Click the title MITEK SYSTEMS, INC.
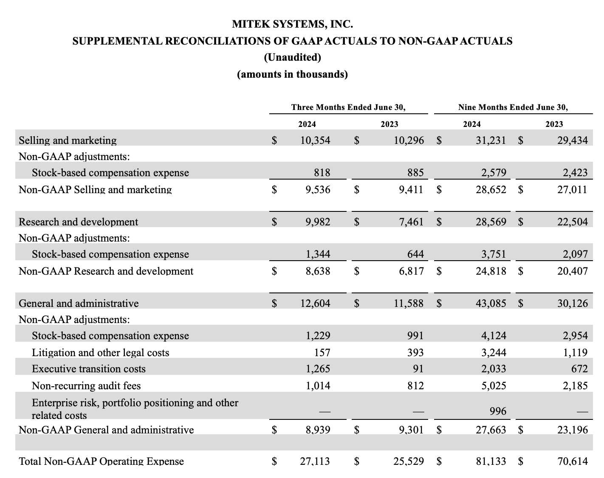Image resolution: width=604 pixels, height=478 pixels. coord(292,24)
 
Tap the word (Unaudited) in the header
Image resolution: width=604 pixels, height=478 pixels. coord(292,57)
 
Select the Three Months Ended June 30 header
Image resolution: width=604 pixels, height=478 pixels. coord(348,107)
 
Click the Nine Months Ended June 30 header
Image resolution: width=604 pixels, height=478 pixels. coord(513,107)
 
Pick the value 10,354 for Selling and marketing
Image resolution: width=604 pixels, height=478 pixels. coord(315,141)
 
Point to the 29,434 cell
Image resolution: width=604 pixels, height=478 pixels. coord(572,141)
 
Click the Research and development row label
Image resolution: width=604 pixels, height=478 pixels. coord(79,222)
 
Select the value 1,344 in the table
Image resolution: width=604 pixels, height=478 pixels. coord(318,254)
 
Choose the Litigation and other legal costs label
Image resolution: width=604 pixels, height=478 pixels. coord(100,353)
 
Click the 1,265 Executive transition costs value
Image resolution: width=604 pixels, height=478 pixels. coord(318,369)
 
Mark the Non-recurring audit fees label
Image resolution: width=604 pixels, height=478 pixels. coord(86,386)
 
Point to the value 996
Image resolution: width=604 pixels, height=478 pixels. coord(498,411)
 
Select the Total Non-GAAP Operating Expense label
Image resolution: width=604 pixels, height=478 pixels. coord(102,461)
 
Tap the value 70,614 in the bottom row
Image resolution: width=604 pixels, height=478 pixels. coord(572,461)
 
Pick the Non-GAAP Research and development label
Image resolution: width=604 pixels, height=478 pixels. coord(106,271)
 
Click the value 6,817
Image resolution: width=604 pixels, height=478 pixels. coord(411,271)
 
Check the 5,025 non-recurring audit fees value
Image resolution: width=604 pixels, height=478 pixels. coord(494,386)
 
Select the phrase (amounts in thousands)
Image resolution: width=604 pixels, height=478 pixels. coord(292,75)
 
